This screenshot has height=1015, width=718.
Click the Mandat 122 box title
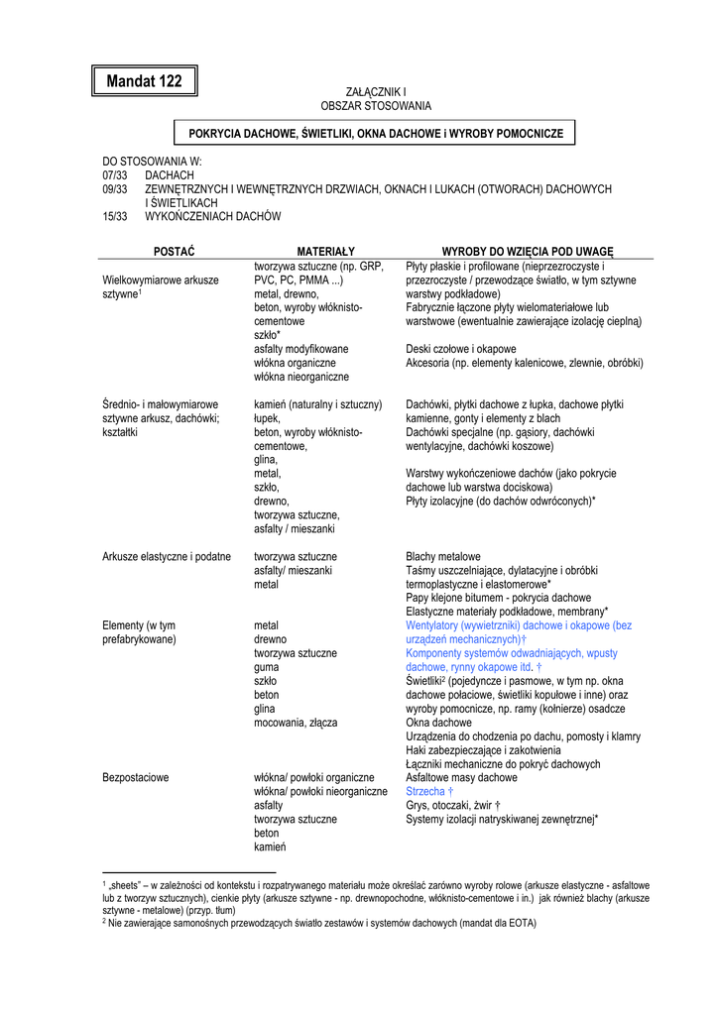click(144, 81)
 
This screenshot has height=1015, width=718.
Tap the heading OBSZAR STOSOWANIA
click(376, 105)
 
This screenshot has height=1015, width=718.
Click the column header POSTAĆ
click(174, 252)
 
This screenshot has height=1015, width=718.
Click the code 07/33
click(115, 174)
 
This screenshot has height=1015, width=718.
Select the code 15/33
click(115, 216)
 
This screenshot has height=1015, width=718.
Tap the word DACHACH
click(170, 174)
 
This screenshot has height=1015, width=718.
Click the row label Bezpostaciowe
click(136, 778)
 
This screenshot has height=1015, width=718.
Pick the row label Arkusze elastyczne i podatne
click(167, 557)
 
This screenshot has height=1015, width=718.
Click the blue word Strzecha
click(425, 792)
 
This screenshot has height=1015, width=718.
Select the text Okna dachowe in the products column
click(439, 723)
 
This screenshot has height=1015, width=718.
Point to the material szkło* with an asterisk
click(268, 335)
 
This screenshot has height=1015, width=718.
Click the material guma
click(266, 668)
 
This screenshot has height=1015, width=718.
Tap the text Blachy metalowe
click(443, 557)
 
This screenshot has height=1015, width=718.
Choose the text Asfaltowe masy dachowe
click(461, 778)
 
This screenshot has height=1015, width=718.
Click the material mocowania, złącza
click(296, 724)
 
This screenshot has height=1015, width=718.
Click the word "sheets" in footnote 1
click(126, 884)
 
